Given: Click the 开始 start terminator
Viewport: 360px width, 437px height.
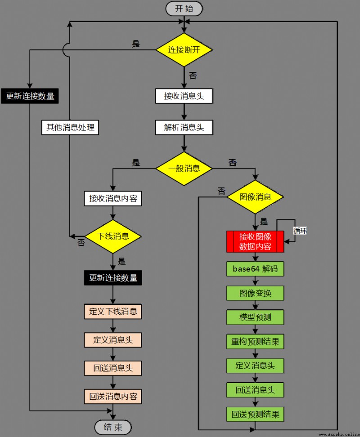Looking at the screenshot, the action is coord(184,9).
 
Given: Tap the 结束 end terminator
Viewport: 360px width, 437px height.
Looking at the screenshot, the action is coord(113,427).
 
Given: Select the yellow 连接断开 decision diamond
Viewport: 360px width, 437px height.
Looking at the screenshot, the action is coord(184,50).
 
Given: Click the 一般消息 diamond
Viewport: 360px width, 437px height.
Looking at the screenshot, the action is coord(184,168).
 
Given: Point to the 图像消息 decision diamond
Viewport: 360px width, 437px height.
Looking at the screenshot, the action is coord(255,197).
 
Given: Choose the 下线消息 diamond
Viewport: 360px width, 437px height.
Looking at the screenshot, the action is coord(113,236).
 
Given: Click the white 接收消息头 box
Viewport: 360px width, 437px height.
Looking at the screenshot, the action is coord(184,96).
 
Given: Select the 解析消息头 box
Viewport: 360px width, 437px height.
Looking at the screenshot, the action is coord(184,127).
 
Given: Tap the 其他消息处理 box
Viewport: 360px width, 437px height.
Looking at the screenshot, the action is coord(70,127).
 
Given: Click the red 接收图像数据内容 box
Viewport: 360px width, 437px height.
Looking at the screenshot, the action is coord(255,241).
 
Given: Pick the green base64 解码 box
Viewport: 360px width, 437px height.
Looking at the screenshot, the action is coord(255,269).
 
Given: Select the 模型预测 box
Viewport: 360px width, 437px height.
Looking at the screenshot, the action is coord(255,317).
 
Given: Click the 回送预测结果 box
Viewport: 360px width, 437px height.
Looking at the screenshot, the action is coord(255,414).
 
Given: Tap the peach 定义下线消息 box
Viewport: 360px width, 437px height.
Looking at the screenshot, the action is coord(113,312).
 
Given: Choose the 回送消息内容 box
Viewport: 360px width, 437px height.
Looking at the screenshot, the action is coord(113,397).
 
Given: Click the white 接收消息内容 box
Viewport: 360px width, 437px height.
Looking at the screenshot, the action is coord(113,198).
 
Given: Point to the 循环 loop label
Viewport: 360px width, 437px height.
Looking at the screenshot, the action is coord(300,231).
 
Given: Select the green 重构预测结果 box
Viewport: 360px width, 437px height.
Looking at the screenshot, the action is coord(255,341).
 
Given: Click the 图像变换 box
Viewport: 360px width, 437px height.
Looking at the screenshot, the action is coord(255,293).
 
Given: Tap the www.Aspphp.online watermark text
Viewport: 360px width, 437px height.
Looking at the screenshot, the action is coord(338,434).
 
